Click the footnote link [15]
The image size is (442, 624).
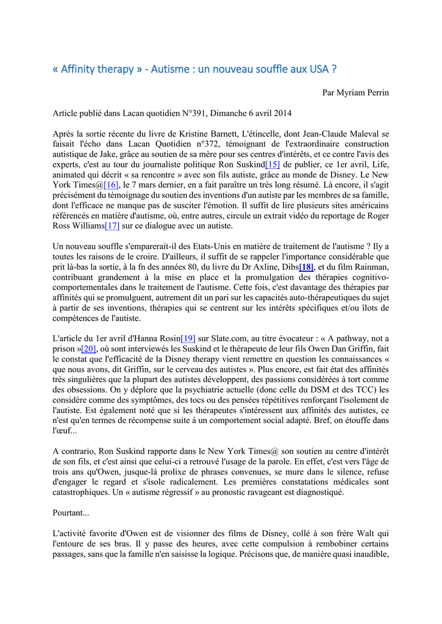[272, 165]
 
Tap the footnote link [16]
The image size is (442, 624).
[111, 185]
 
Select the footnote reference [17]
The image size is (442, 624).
[113, 225]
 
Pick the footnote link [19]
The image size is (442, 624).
[188, 338]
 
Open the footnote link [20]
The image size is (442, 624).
[89, 349]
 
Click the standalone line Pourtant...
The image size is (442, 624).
[71, 513]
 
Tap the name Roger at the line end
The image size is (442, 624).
[376, 215]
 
